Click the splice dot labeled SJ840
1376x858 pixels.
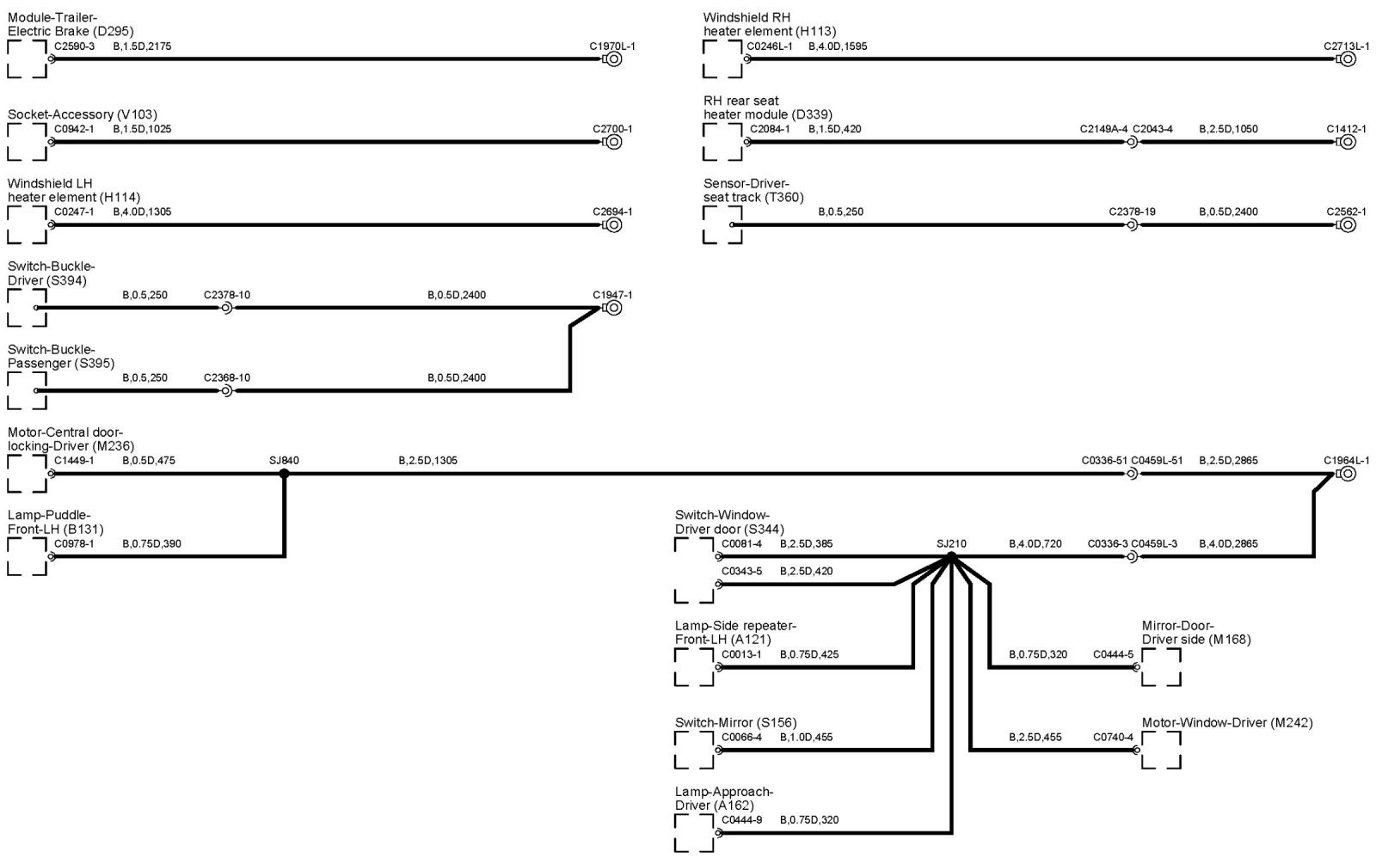[x=284, y=473]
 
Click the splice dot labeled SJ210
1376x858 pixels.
[x=951, y=556]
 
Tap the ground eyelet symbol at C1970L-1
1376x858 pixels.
[x=613, y=59]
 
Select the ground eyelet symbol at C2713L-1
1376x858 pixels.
[x=1348, y=59]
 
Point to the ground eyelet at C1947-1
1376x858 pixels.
[x=613, y=308]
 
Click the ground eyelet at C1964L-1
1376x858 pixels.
[x=1348, y=474]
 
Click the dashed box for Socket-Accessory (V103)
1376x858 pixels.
[x=27, y=142]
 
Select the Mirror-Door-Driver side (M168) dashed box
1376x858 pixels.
[x=1161, y=667]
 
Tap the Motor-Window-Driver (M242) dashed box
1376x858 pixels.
[x=1161, y=751]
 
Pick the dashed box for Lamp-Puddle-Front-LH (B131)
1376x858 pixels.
[x=27, y=556]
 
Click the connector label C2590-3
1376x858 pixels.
[x=74, y=46]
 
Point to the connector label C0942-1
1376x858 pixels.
[x=74, y=129]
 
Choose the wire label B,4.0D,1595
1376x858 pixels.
[x=838, y=46]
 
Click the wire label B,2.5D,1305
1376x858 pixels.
[x=427, y=461]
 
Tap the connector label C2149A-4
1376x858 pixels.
[x=1103, y=129]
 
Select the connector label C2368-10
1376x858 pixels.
[x=227, y=377]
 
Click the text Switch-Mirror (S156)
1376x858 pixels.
[x=736, y=722]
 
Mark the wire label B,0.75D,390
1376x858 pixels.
[x=151, y=543]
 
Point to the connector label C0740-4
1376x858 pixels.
[x=1113, y=737]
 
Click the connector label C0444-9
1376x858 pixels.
[x=741, y=820]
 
